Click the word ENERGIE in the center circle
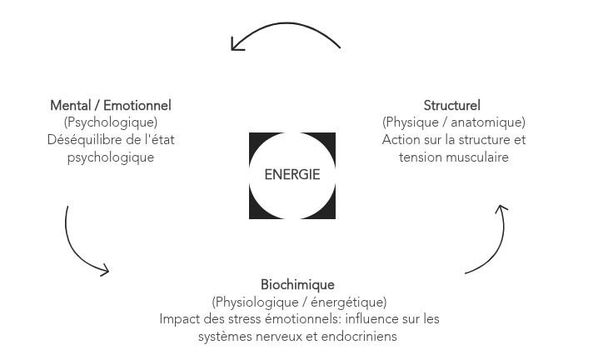click(x=292, y=175)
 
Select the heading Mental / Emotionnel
click(x=111, y=106)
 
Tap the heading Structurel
click(x=452, y=106)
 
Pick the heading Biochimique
click(x=297, y=285)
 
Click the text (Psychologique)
click(x=111, y=123)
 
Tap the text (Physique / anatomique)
click(x=453, y=123)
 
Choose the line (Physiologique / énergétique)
click(x=299, y=302)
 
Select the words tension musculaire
click(x=453, y=157)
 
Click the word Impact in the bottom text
click(x=178, y=319)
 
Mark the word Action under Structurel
click(x=401, y=140)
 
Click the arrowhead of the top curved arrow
click(x=237, y=45)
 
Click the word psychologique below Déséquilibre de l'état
click(x=111, y=157)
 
